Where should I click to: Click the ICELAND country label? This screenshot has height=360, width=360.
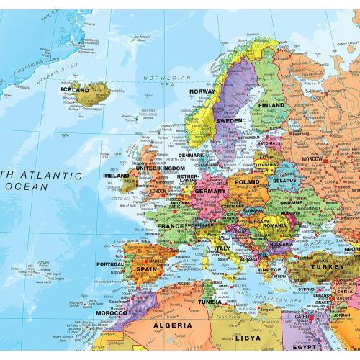pos(76,91)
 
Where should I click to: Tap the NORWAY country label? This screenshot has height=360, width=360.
pos(203,91)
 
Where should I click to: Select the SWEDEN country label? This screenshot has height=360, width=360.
pos(230,120)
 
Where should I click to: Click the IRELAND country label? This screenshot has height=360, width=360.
pos(116,175)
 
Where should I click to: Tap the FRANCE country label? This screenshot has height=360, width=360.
pos(171,225)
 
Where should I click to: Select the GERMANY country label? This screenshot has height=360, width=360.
pos(210,191)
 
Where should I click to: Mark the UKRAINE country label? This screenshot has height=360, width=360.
pos(292,203)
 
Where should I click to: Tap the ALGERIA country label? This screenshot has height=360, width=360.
pos(172,325)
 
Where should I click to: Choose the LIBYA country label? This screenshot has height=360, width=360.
pos(247,337)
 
